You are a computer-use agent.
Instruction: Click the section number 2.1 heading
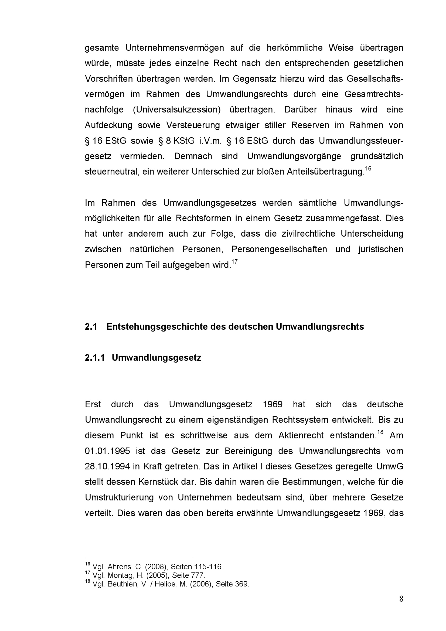pyautogui.click(x=91, y=326)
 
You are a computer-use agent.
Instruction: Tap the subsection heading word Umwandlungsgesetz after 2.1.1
pyautogui.click(x=156, y=357)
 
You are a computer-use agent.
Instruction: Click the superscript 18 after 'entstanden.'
pyautogui.click(x=380, y=432)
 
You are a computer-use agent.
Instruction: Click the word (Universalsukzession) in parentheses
pyautogui.click(x=177, y=110)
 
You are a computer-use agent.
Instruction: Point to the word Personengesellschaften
pyautogui.click(x=279, y=249)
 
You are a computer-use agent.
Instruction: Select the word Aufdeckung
pyautogui.click(x=108, y=125)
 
